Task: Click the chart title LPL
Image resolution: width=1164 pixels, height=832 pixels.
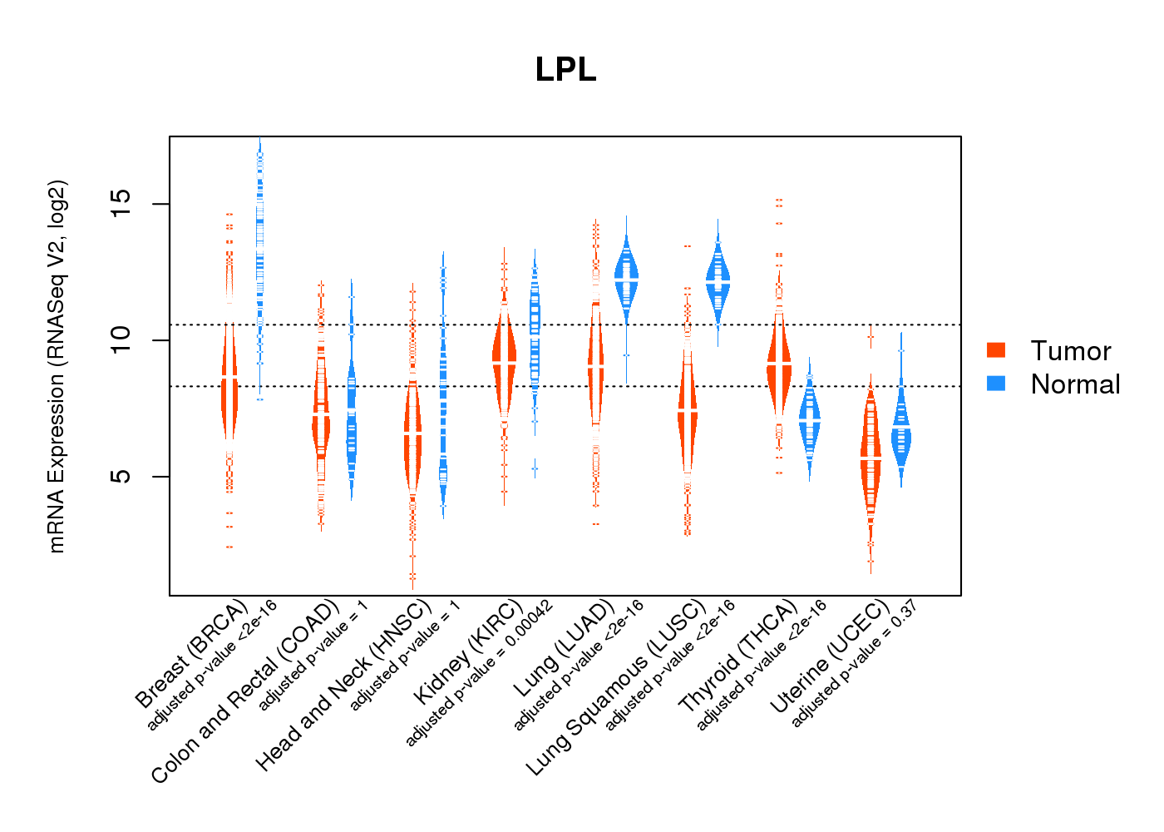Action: coord(565,70)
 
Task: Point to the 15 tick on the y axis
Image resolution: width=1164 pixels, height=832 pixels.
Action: coord(121,204)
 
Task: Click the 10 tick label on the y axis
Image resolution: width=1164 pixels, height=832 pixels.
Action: coord(121,340)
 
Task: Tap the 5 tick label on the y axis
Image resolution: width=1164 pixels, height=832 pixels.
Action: coord(121,476)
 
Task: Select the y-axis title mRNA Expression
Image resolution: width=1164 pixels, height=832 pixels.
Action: coord(57,366)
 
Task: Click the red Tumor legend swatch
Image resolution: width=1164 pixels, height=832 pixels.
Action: coord(996,350)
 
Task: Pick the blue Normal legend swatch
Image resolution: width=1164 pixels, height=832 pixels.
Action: coord(996,384)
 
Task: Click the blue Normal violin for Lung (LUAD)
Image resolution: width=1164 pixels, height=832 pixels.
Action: coord(626,279)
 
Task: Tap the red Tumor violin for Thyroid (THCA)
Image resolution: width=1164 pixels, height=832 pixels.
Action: coord(779,366)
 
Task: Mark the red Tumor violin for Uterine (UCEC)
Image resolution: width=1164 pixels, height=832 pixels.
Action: coord(871,458)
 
